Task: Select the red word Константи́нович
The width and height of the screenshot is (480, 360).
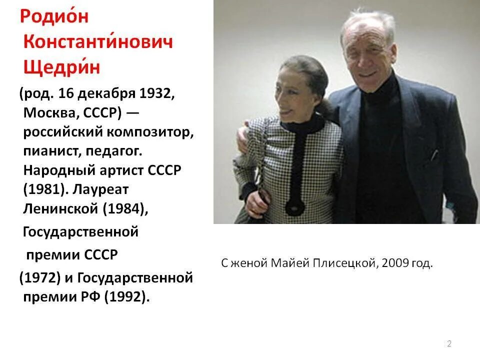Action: pos(98,41)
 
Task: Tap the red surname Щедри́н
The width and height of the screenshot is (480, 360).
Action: pos(61,66)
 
